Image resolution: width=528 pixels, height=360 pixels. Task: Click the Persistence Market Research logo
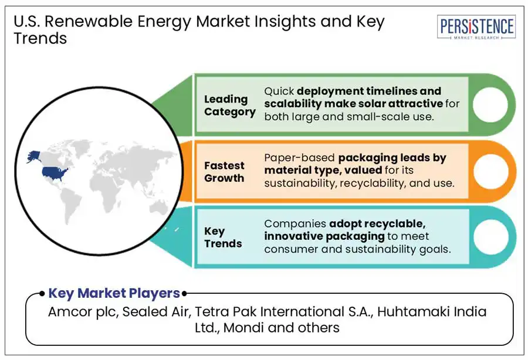(476, 27)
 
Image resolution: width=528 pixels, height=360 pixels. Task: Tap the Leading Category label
(229, 106)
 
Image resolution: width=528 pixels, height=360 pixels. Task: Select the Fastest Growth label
(224, 172)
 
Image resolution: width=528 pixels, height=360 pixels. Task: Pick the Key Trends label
(223, 237)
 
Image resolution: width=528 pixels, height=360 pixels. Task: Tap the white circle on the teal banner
(486, 237)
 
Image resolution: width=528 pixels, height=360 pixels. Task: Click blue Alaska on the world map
(33, 157)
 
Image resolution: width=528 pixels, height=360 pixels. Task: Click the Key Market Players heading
(114, 293)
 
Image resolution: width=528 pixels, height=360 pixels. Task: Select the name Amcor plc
(83, 312)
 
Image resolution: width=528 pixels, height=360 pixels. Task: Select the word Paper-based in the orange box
(292, 158)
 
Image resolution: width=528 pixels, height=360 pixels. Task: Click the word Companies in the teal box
(294, 223)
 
